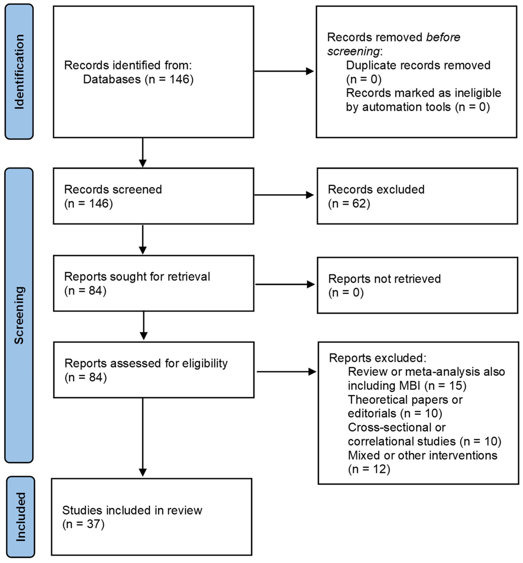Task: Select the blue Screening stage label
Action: tap(19, 315)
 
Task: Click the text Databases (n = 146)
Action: tap(138, 79)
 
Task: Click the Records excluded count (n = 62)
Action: tap(349, 204)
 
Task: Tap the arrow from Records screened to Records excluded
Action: tap(284, 195)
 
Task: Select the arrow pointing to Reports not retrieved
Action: tap(285, 284)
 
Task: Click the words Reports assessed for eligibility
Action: tap(146, 363)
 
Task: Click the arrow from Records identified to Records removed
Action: tap(284, 71)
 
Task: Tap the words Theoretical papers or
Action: tap(405, 400)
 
